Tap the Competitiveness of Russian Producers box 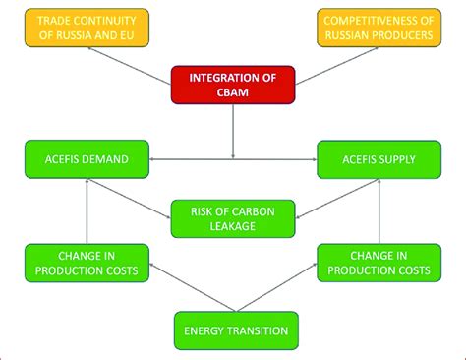(x=380, y=29)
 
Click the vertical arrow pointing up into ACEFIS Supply (x=379, y=210)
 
